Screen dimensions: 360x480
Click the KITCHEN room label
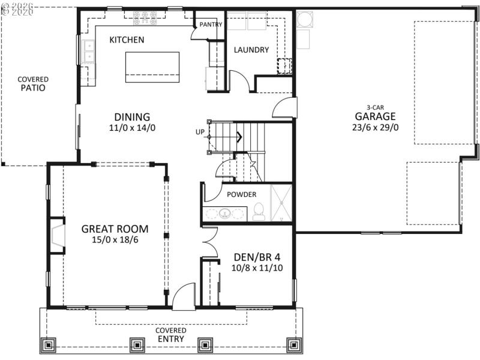(127, 40)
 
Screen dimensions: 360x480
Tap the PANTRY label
(211, 25)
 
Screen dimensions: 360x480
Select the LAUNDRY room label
(251, 50)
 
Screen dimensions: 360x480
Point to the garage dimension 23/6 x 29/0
(376, 127)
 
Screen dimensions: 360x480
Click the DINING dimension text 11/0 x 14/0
(132, 128)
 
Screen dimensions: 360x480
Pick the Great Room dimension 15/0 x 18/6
(115, 239)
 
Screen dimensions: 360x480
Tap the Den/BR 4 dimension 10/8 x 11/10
(257, 268)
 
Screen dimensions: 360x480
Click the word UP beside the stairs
(200, 132)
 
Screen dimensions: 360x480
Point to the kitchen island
(152, 67)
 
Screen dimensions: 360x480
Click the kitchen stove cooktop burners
(145, 20)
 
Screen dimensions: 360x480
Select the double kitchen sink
(89, 51)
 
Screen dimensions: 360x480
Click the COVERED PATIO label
(33, 83)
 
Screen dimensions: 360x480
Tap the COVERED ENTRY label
(171, 335)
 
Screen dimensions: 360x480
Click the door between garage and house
(285, 108)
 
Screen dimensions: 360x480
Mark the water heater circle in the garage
(303, 19)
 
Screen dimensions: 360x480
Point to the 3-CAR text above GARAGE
(376, 107)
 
